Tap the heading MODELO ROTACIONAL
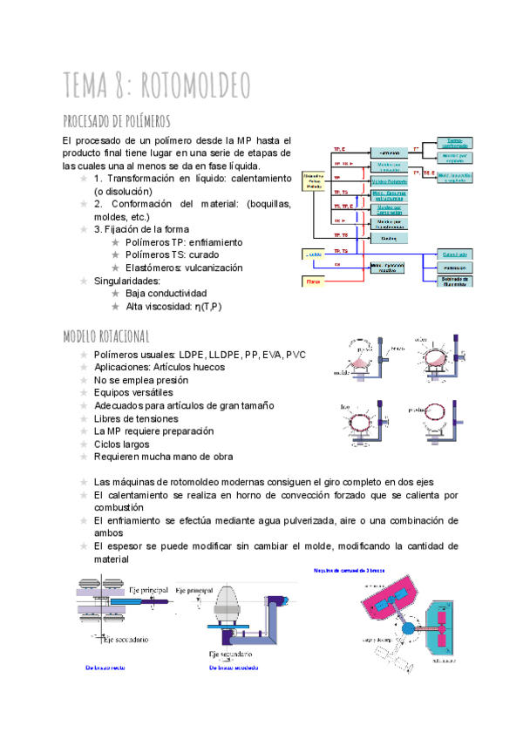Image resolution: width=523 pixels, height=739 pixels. (107, 336)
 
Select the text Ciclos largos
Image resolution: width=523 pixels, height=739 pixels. (127, 444)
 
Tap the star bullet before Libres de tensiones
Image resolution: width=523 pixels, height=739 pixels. (83, 418)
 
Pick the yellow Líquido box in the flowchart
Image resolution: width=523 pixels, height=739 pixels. (314, 254)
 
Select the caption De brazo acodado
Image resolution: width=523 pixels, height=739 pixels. (236, 669)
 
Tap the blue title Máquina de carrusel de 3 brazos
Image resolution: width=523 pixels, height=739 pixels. (354, 570)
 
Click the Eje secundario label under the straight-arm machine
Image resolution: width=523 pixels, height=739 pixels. (126, 640)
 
